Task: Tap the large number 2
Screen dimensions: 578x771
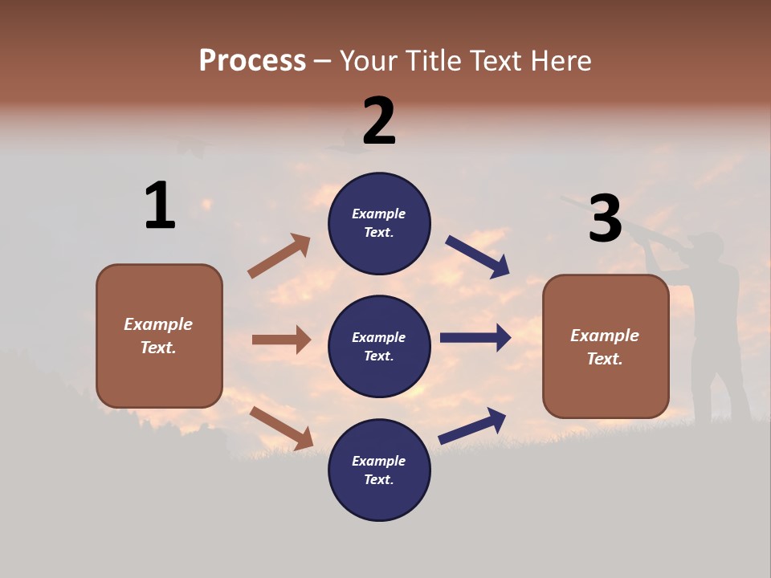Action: click(x=379, y=120)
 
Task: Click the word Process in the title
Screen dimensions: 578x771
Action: click(x=252, y=60)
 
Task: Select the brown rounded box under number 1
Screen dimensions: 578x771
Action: click(x=159, y=336)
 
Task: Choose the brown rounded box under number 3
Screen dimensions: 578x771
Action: click(x=606, y=346)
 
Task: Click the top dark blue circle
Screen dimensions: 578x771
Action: click(x=379, y=223)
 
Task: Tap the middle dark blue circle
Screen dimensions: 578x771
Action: click(x=379, y=346)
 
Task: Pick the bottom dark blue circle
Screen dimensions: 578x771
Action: click(x=379, y=470)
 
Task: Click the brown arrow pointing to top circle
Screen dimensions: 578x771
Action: click(x=279, y=256)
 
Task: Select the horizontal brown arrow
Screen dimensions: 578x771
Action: click(x=281, y=340)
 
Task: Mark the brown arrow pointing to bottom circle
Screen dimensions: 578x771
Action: click(x=281, y=428)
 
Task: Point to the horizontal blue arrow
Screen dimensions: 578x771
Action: click(x=475, y=338)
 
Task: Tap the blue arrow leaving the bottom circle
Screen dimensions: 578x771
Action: click(x=472, y=425)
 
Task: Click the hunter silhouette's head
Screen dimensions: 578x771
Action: click(x=708, y=245)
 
